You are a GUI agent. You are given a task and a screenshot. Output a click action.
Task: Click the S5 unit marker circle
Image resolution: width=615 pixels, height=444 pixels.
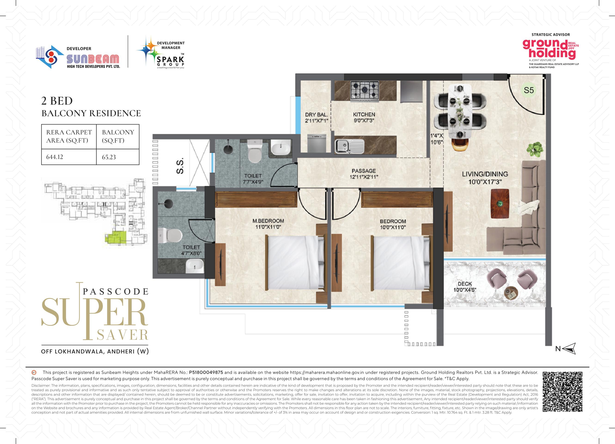[x=529, y=90]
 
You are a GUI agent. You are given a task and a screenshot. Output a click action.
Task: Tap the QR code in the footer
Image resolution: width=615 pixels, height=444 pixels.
[x=562, y=392]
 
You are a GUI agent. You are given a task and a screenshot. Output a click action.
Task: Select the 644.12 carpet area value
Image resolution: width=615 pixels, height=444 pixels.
[x=55, y=157]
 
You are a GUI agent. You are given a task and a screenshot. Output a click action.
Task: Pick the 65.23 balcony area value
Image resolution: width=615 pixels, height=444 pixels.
[x=109, y=157]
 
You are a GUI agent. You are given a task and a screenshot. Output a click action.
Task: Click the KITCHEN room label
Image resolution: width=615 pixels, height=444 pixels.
[x=364, y=114]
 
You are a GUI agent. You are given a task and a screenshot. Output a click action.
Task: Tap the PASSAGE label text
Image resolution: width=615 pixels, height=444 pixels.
[x=364, y=171]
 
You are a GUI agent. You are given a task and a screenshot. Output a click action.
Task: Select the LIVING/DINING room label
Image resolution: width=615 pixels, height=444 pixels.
[x=485, y=174]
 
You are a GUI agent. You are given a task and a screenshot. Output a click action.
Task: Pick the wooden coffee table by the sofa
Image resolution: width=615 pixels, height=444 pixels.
[x=500, y=203]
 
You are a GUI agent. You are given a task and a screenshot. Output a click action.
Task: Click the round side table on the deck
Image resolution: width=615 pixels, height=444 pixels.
[x=511, y=294]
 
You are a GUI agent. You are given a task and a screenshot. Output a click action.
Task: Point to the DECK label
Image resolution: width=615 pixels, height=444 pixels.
[x=465, y=284]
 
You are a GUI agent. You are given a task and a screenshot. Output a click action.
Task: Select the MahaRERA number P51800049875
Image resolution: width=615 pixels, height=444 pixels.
[x=206, y=372]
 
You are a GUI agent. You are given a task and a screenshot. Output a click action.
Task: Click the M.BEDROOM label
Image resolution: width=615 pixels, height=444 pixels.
[x=268, y=221]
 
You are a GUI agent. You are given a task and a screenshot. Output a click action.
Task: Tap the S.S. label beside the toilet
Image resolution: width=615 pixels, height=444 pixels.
[x=180, y=166]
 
